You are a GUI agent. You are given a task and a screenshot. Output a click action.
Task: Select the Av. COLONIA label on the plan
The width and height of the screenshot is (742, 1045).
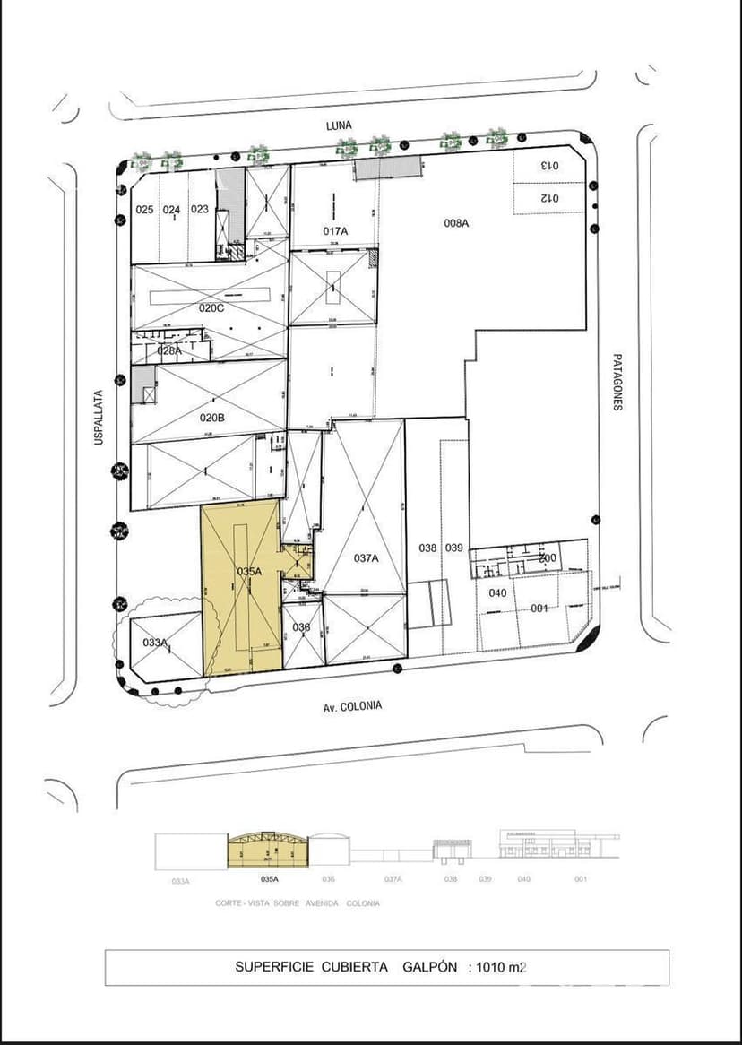(x=352, y=706)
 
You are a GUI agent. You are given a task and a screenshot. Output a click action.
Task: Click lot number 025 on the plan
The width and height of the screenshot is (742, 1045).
(x=144, y=210)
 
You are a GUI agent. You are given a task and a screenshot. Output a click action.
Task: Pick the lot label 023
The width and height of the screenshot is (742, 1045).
(x=200, y=210)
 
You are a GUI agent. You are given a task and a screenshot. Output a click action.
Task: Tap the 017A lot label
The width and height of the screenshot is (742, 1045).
(x=335, y=230)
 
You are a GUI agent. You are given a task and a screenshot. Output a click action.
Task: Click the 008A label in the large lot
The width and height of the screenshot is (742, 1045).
(x=456, y=222)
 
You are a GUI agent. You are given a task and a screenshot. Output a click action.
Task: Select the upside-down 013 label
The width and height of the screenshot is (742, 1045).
(x=548, y=166)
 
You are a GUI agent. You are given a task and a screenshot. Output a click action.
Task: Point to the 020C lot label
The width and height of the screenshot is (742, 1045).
(x=211, y=308)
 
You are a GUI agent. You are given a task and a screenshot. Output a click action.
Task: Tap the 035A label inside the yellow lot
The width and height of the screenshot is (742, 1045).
(x=248, y=571)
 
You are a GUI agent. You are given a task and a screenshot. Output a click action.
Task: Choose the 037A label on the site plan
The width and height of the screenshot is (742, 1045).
(x=366, y=558)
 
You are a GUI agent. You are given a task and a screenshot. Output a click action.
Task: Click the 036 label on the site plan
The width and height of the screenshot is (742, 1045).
(x=301, y=627)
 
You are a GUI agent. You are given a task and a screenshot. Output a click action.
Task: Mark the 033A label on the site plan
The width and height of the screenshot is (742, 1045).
(x=155, y=642)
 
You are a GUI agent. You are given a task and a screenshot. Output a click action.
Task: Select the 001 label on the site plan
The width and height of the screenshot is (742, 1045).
(x=539, y=609)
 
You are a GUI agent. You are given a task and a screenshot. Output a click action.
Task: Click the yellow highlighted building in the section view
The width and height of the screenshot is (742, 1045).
(x=267, y=851)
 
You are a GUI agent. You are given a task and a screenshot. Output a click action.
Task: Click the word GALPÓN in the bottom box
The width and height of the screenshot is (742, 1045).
(x=430, y=967)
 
